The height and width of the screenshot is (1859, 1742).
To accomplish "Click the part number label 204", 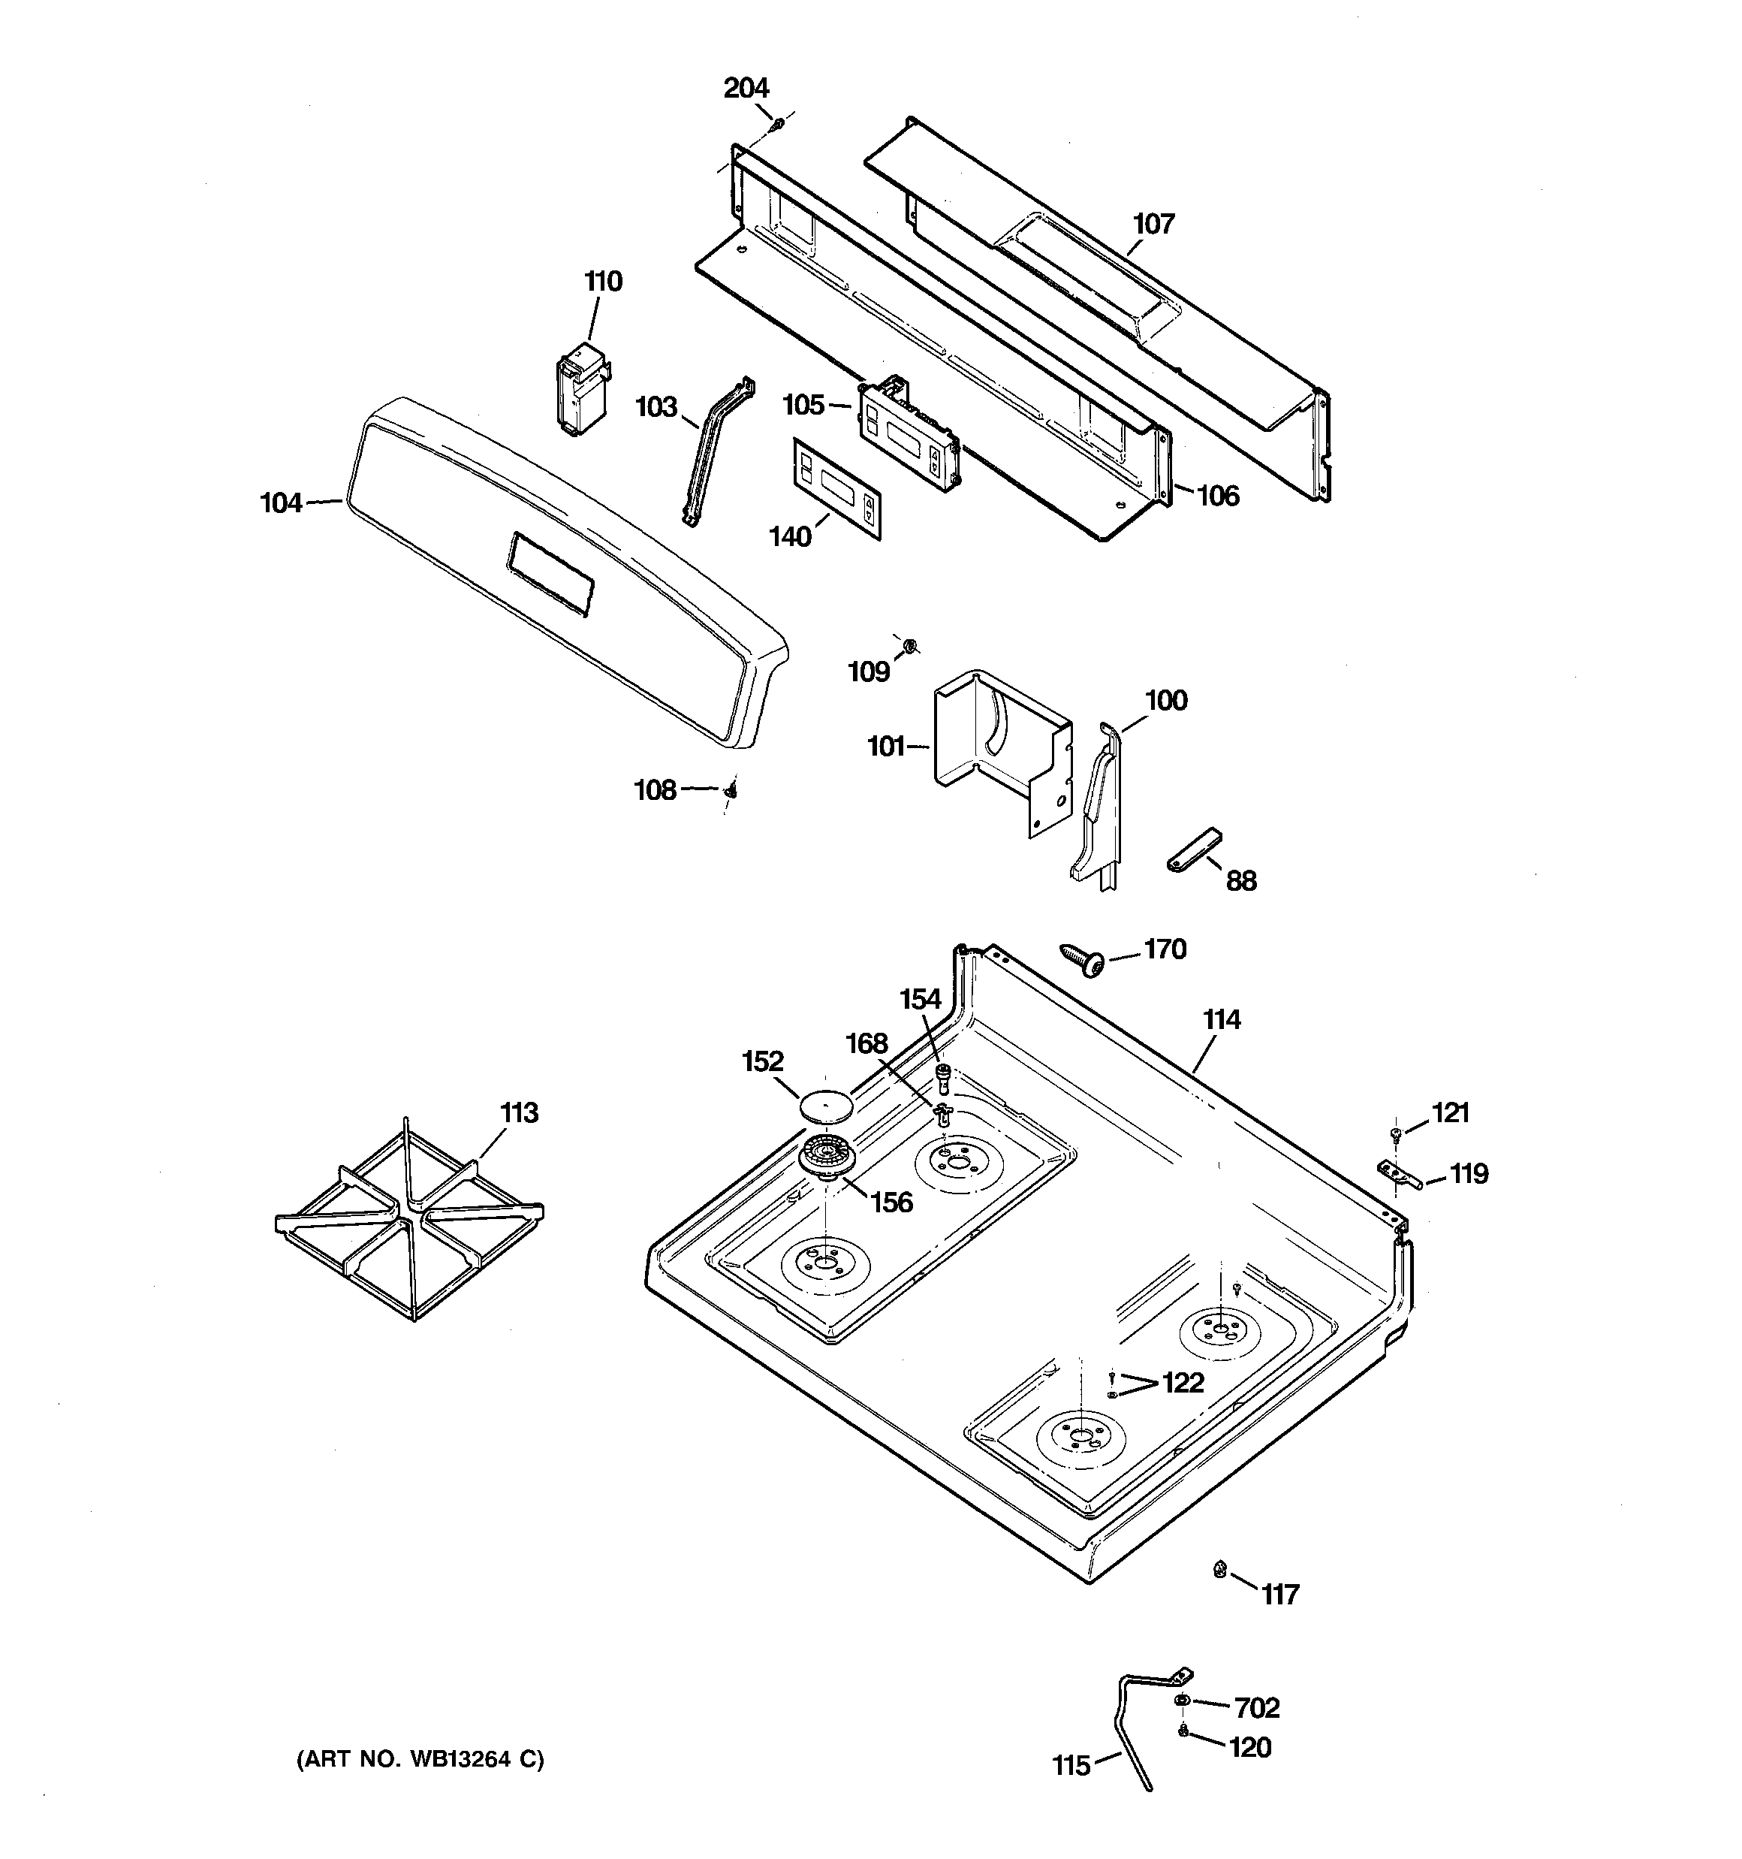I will pyautogui.click(x=746, y=88).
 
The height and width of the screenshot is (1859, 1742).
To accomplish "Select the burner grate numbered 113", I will pyautogui.click(x=409, y=1217).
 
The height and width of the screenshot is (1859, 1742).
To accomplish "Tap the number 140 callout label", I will pyautogui.click(x=790, y=537).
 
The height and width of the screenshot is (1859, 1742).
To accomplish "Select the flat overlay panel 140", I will pyautogui.click(x=838, y=488).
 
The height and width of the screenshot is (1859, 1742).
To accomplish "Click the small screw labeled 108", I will pyautogui.click(x=731, y=791).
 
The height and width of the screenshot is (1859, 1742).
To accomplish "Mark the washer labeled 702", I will pyautogui.click(x=1182, y=1699).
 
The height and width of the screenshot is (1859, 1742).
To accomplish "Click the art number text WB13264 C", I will pyautogui.click(x=420, y=1759).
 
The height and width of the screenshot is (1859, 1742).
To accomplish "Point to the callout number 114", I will pyautogui.click(x=1221, y=1019).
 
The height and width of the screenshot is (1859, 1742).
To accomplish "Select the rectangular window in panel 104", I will pyautogui.click(x=549, y=574).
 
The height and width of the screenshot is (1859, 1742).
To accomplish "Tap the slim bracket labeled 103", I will pyautogui.click(x=716, y=451).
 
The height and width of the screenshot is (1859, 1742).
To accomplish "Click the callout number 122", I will pyautogui.click(x=1183, y=1382).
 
